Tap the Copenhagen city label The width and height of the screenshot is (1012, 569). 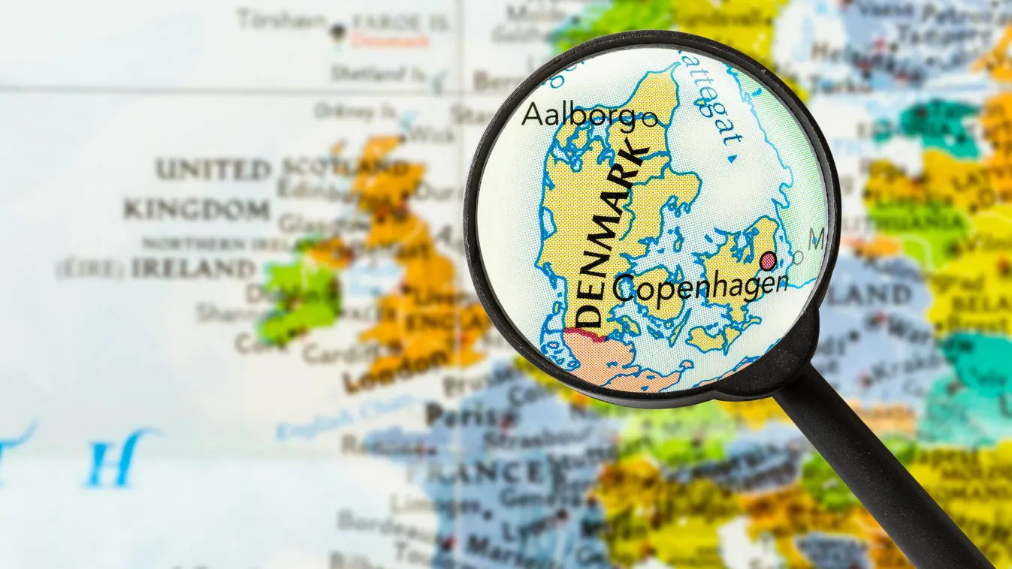tap(700, 288)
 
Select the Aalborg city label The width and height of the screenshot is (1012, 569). tap(579, 115)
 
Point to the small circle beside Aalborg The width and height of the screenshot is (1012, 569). tap(650, 117)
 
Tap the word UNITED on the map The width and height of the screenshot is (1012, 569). tap(213, 170)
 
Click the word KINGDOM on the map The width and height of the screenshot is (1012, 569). tap(196, 209)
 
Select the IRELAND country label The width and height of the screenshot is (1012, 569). tap(193, 269)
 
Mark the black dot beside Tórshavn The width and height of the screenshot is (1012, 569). tap(337, 30)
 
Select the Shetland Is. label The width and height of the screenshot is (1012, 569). tap(377, 74)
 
